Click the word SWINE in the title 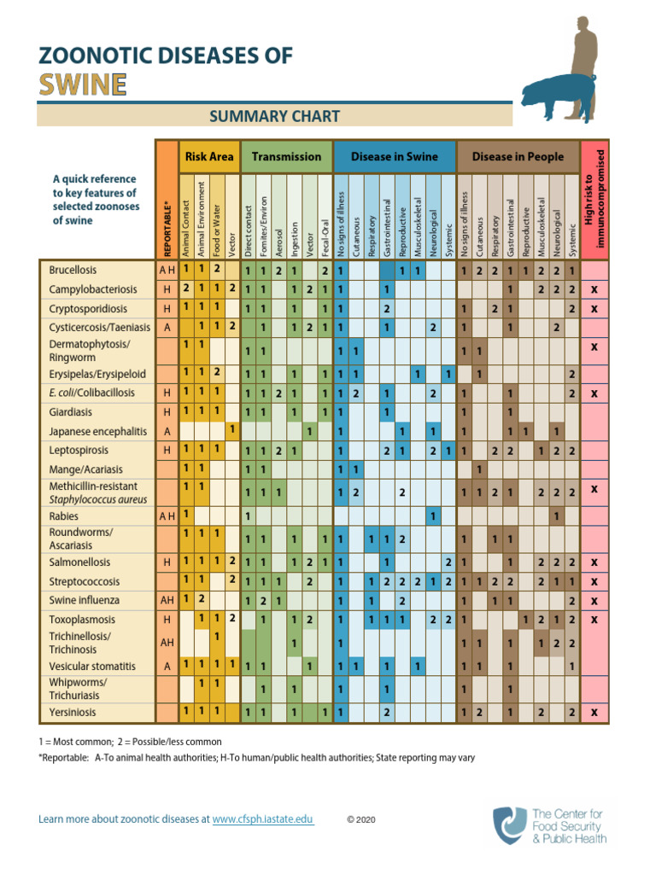click(83, 84)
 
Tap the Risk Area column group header click(208, 156)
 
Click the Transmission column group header click(287, 156)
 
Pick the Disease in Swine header click(394, 156)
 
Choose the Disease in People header click(518, 156)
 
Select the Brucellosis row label click(73, 270)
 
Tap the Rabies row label click(63, 516)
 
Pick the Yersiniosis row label click(73, 712)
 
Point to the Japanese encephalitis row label click(97, 431)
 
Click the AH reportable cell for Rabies click(167, 516)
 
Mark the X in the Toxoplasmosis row click(594, 620)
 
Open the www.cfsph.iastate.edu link click(262, 819)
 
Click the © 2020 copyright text click(360, 819)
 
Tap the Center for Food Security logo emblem click(509, 825)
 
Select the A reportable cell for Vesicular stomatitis click(167, 666)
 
